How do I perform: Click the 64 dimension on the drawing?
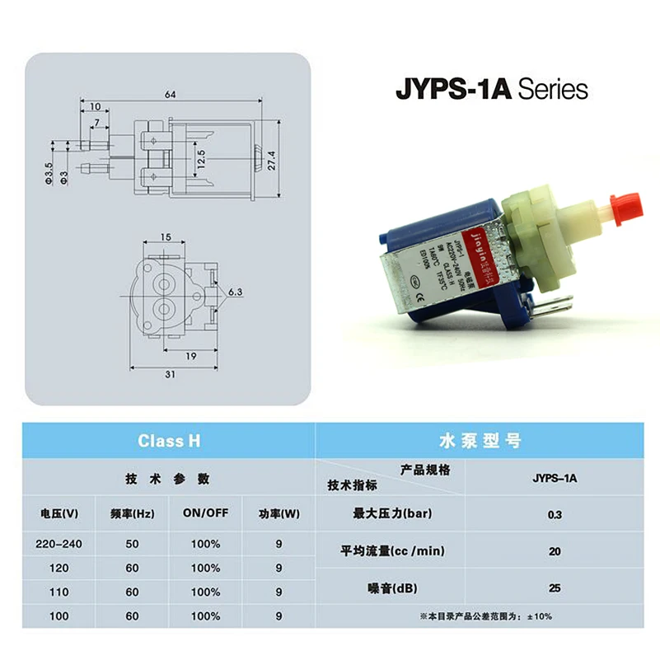point(171,95)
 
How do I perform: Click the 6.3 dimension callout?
point(234,292)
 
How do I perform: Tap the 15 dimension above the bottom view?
point(166,238)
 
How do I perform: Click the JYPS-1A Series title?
point(492,90)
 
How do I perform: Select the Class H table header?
point(169,441)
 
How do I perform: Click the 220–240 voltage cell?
point(59,545)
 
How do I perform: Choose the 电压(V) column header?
point(59,513)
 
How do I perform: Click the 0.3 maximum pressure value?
point(554,515)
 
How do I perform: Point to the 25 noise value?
point(554,588)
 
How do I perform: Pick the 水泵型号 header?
point(491,441)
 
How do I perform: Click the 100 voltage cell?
point(59,615)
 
